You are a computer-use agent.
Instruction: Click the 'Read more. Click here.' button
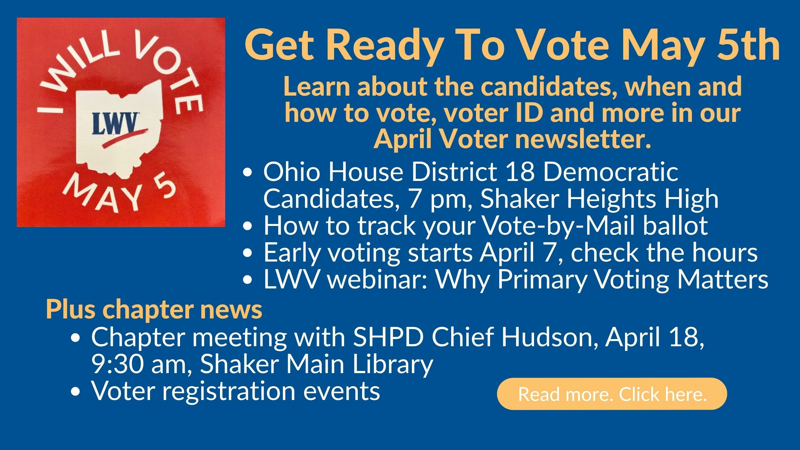612,394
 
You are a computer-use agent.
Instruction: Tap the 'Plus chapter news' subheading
154,310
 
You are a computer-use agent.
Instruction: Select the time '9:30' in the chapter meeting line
119,364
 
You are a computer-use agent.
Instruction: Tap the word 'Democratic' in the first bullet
611,172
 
